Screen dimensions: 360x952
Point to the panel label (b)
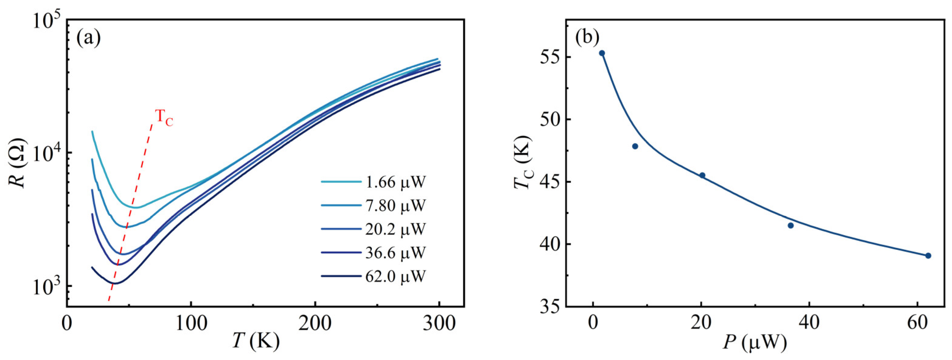point(587,38)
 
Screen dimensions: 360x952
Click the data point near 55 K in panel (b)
point(602,53)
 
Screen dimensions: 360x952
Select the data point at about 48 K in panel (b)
point(635,146)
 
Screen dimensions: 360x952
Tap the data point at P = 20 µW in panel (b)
point(702,175)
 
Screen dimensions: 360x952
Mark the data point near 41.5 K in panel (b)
point(791,225)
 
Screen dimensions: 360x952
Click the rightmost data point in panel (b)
point(928,256)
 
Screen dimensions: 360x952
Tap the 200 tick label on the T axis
point(315,324)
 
